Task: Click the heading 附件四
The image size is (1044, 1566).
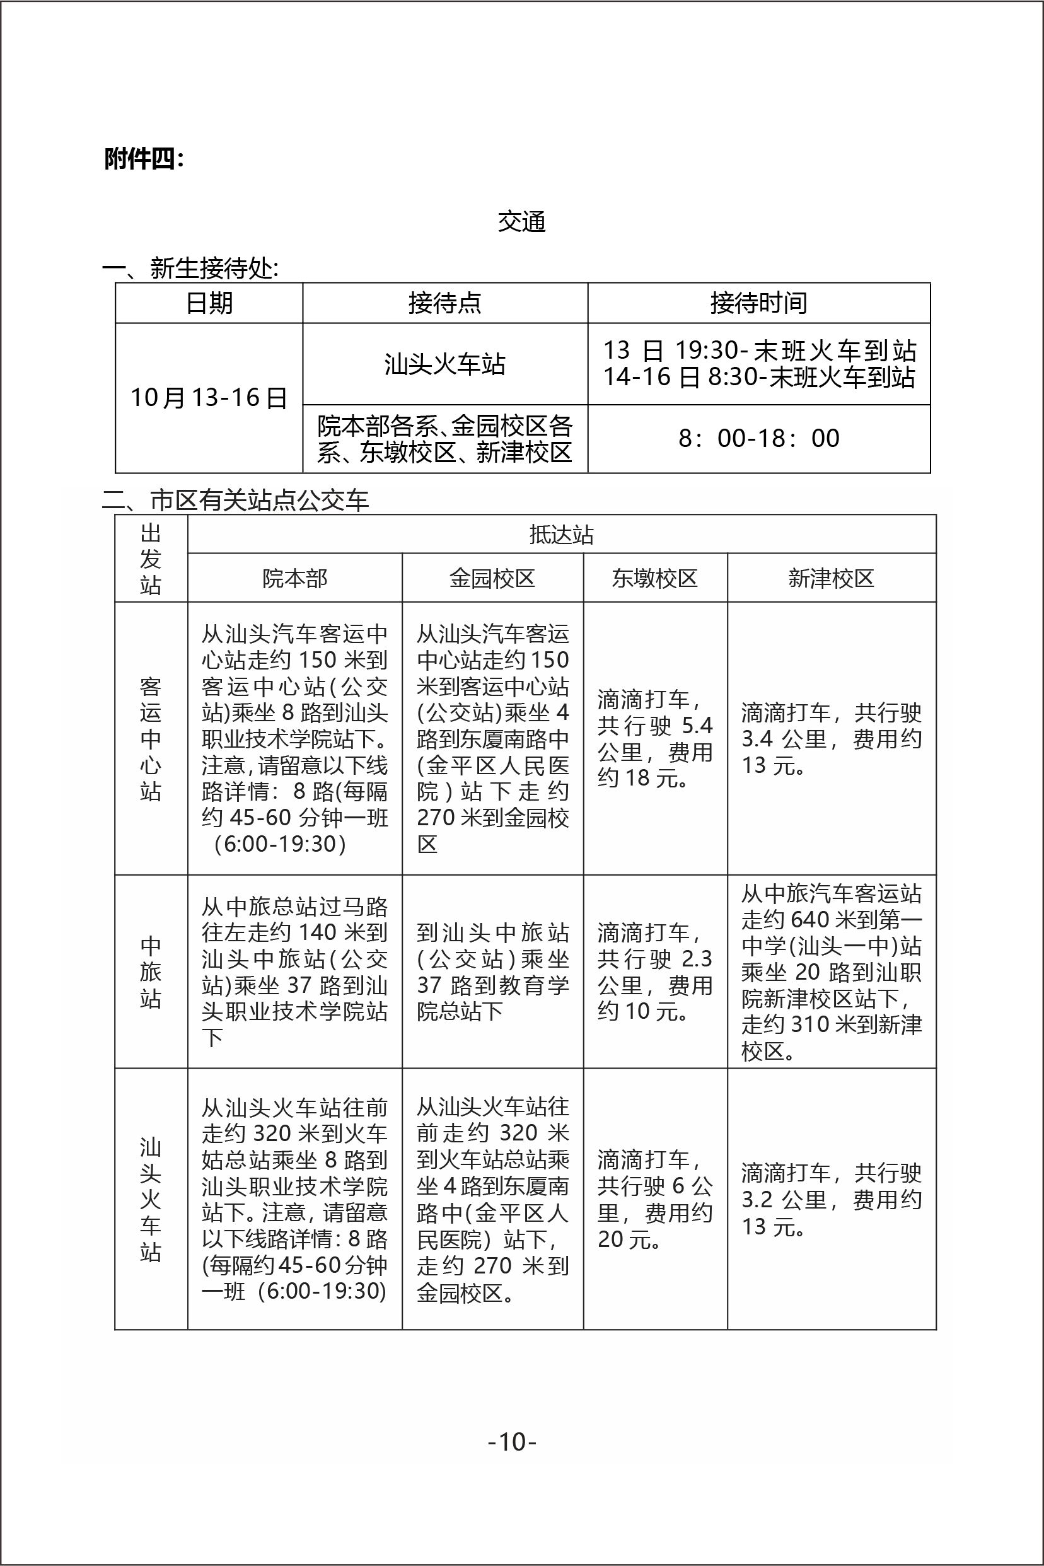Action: (x=143, y=159)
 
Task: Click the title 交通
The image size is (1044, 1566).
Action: (x=521, y=222)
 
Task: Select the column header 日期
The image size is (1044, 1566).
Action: (x=209, y=304)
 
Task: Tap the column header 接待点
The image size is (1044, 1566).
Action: (x=444, y=304)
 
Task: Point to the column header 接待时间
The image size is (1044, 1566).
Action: (x=758, y=304)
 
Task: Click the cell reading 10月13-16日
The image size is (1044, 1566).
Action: (x=209, y=398)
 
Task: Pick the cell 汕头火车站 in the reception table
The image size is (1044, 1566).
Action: (x=444, y=364)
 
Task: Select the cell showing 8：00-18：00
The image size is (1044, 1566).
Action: (x=758, y=438)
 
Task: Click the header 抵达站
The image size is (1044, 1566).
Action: (x=561, y=535)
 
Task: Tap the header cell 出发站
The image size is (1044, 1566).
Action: (x=151, y=559)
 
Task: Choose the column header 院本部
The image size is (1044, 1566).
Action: (x=295, y=578)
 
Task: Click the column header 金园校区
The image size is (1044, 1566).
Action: (x=493, y=578)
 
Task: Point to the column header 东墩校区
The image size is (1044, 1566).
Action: (x=655, y=578)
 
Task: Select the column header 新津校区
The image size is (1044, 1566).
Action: (x=831, y=578)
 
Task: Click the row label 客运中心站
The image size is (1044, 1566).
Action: (x=151, y=738)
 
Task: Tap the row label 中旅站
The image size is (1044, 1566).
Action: (x=151, y=972)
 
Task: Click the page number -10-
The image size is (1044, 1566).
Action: (x=513, y=1442)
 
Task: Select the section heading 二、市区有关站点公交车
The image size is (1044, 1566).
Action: (x=235, y=500)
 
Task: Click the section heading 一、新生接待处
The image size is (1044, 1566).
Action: (x=190, y=269)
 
